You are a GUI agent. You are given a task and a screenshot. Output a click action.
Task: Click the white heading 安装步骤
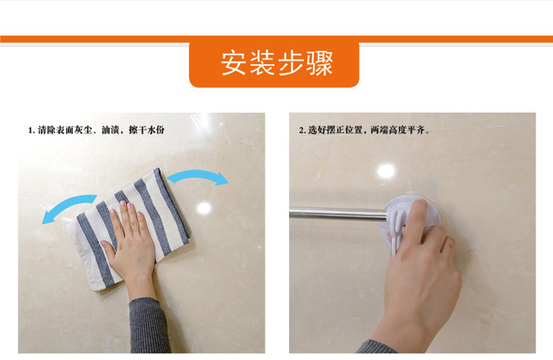click(x=276, y=63)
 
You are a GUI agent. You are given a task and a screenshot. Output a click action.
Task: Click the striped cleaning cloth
click(x=131, y=229)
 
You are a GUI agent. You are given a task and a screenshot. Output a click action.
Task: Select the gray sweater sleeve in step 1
click(x=149, y=325)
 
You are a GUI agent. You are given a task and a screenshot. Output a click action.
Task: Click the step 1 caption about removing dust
click(x=97, y=130)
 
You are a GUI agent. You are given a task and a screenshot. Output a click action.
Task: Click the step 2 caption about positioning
click(x=364, y=130)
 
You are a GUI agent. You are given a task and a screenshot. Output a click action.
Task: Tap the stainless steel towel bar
click(x=338, y=213)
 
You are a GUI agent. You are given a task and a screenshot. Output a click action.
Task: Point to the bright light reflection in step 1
click(x=204, y=208)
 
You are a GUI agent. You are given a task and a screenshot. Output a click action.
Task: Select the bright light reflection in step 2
click(x=386, y=171)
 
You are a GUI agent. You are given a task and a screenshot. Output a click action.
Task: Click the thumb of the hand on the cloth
click(x=108, y=249)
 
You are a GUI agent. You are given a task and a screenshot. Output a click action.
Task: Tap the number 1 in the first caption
click(x=30, y=131)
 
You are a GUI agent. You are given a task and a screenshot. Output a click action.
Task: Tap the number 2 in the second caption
click(x=301, y=131)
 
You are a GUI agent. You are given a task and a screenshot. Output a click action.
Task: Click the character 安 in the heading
click(x=234, y=63)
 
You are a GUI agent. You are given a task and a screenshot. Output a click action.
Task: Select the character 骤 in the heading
click(x=320, y=63)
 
